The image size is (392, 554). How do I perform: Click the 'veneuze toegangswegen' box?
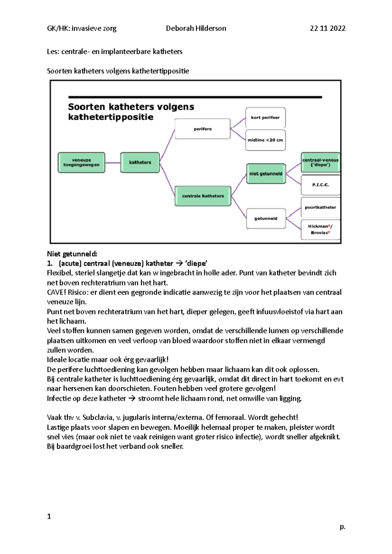click(x=81, y=162)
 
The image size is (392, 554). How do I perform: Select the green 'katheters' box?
click(x=140, y=162)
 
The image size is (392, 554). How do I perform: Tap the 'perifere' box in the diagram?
click(x=203, y=129)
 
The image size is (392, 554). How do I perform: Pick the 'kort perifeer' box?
click(x=265, y=117)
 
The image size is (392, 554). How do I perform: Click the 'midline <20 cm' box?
click(x=265, y=140)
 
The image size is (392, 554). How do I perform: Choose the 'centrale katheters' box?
click(x=203, y=196)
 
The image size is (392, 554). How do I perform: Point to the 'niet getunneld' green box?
click(x=266, y=174)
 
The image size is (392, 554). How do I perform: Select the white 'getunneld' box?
click(x=266, y=219)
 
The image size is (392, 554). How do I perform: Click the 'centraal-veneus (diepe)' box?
click(x=320, y=162)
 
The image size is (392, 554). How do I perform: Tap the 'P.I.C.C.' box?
click(x=320, y=185)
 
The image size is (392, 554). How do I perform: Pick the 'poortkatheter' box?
click(x=320, y=208)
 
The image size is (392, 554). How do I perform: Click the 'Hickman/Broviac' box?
click(x=320, y=229)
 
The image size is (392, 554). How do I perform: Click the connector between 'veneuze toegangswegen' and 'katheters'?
click(x=113, y=163)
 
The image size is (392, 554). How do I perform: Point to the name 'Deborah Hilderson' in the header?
click(x=196, y=28)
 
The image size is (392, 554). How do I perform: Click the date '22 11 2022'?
click(x=328, y=28)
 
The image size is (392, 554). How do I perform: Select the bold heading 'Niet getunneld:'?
click(x=72, y=254)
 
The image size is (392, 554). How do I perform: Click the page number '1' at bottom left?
click(x=49, y=516)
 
